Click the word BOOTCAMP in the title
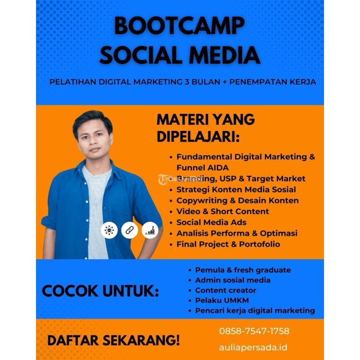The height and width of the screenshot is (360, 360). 179,26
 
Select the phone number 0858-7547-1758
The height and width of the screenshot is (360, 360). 254,331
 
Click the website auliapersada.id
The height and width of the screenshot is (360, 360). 253,347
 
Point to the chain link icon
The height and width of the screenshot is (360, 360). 130,230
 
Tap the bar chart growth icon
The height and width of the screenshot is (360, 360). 150,230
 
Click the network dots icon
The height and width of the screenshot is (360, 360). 109,230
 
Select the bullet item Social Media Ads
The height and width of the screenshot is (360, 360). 211,222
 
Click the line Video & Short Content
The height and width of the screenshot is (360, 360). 222,211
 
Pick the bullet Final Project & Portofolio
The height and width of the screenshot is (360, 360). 228,244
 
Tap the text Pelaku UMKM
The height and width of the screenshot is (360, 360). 222,300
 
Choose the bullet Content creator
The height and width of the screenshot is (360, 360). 225,290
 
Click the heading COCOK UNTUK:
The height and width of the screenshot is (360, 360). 100,291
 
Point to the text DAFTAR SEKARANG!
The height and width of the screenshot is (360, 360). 113,340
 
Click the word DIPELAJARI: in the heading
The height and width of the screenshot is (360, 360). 198,137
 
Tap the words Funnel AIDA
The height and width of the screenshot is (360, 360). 202,167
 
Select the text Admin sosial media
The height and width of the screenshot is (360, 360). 233,280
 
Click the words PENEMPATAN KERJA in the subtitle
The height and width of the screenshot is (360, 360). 273,82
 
